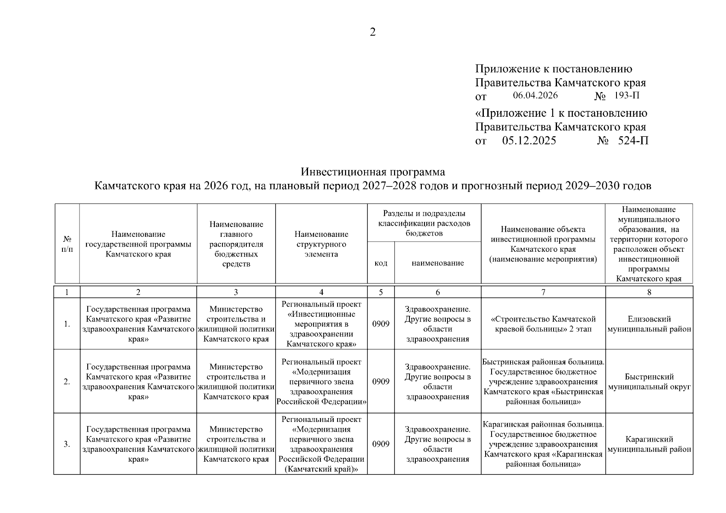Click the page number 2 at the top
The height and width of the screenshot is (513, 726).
pos(373,32)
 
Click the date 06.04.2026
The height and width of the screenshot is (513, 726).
pos(535,95)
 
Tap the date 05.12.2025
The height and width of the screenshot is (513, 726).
pos(529,141)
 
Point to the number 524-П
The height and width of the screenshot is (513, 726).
pos(633,141)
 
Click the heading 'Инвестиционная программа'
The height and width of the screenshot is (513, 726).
pos(373,172)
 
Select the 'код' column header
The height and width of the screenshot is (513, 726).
pos(381,263)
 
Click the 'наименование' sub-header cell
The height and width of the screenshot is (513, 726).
pos(438,263)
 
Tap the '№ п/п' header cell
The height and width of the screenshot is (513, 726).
pos(67,244)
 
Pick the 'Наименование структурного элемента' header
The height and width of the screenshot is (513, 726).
pos(321,244)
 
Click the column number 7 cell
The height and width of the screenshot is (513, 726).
pos(543,292)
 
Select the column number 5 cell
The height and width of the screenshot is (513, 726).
pos(381,292)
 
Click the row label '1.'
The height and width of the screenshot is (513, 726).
pos(67,324)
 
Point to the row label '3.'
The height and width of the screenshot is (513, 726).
pos(67,444)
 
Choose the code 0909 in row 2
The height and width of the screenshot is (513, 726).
pos(381,382)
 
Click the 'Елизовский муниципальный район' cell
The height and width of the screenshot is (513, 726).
pos(649,324)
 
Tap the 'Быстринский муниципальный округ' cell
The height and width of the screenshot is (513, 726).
pos(649,382)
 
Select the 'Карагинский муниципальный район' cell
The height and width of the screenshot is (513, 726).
pos(649,444)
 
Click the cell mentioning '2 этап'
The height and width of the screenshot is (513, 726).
pos(543,324)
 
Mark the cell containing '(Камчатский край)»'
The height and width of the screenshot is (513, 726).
pos(321,444)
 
